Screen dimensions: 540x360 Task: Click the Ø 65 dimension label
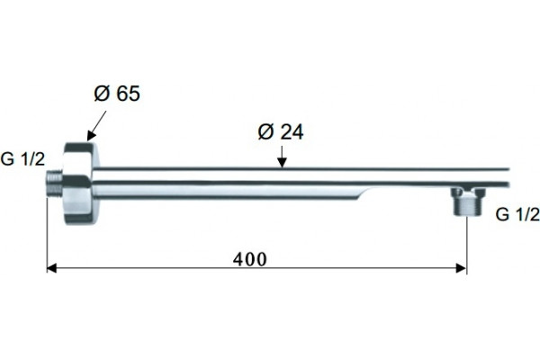pos(117,94)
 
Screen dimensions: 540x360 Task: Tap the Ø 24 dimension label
pos(281,131)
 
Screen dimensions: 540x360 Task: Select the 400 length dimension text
pos(249,259)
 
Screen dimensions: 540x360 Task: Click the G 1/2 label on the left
pos(22,159)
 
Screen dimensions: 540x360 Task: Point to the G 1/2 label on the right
pos(517,214)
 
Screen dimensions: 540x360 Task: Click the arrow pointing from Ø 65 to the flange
pos(97,126)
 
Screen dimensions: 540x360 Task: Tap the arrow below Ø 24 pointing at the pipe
pos(282,157)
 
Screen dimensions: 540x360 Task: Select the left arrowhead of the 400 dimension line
pos(51,268)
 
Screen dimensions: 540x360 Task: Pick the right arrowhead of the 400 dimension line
pos(461,268)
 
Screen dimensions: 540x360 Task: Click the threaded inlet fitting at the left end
pos(54,184)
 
